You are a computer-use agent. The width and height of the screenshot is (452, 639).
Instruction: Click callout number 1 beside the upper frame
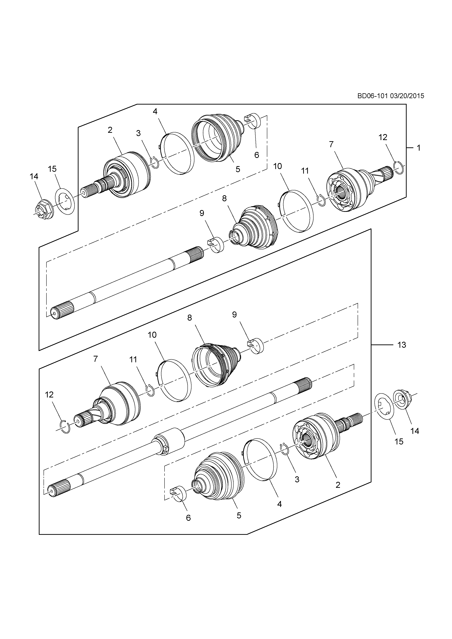click(x=418, y=148)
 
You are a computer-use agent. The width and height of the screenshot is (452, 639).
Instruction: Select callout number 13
click(x=402, y=345)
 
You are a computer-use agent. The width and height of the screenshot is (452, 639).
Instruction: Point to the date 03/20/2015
click(x=407, y=96)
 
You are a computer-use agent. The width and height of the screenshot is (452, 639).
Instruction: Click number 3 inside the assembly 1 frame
click(x=138, y=133)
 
